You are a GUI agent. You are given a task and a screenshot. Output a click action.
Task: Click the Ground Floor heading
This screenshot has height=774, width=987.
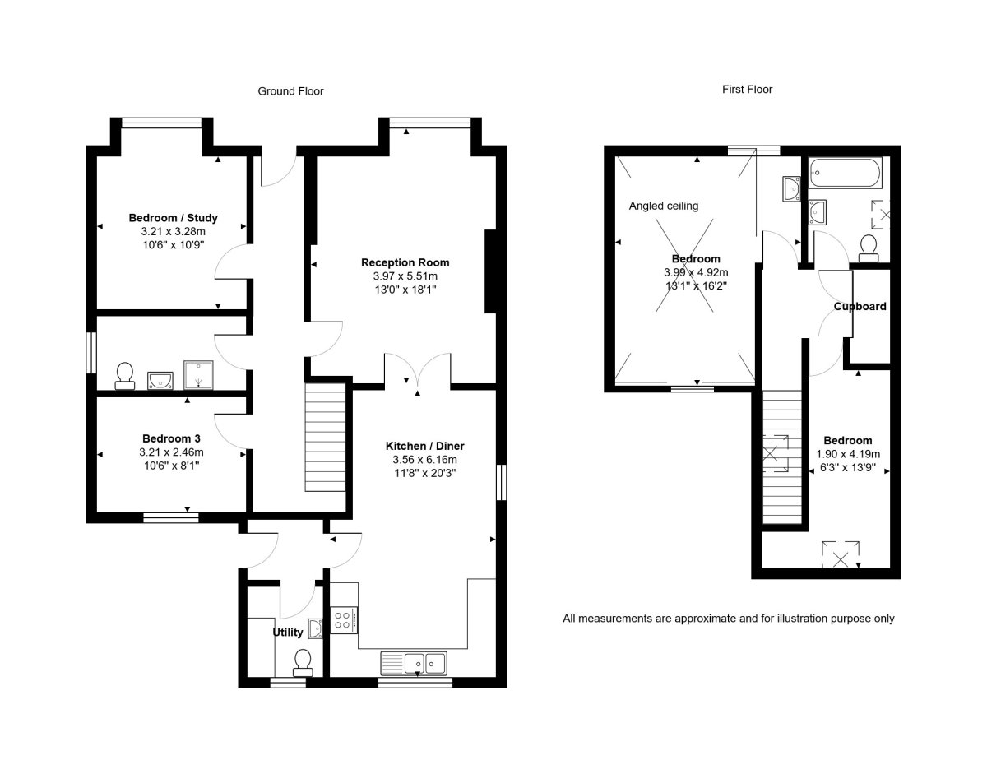290,91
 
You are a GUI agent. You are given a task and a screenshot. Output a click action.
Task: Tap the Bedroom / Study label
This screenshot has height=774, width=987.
173,218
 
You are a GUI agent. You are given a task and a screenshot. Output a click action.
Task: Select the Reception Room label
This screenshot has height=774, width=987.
405,262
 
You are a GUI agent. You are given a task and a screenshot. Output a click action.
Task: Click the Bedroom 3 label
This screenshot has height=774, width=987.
171,438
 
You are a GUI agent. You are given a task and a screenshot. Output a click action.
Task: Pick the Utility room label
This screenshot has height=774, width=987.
288,633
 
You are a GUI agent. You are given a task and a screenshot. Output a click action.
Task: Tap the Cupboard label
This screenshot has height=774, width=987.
860,307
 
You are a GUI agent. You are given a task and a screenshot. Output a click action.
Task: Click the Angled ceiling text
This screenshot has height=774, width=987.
664,206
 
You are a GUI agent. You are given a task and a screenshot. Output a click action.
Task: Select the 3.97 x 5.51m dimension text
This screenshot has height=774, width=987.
405,277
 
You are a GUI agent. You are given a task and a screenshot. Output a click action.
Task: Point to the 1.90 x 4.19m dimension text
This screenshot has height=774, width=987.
847,454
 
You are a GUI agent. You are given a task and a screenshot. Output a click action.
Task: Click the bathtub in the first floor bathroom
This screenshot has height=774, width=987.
845,173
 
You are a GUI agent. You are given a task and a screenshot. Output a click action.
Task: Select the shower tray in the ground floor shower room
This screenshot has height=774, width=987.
197,374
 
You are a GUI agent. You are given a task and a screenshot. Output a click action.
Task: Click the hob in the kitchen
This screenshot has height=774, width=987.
343,620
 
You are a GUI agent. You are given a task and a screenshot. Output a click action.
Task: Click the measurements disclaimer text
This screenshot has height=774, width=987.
728,618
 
